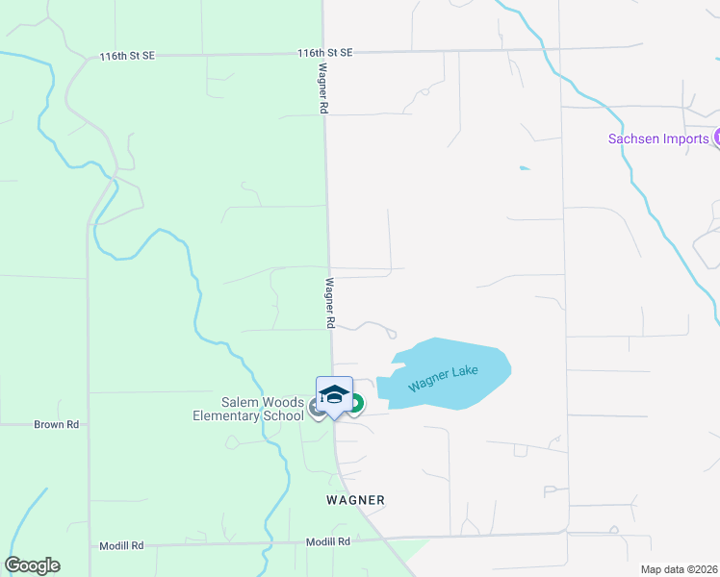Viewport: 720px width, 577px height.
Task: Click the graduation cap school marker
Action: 334,395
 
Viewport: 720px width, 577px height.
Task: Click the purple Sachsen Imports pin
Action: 717,138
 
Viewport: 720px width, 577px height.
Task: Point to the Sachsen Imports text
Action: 658,138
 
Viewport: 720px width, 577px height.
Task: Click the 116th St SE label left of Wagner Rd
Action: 127,57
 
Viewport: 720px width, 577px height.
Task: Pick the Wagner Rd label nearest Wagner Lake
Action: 329,303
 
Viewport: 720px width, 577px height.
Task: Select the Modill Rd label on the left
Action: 121,545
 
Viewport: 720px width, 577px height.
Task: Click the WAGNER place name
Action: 355,500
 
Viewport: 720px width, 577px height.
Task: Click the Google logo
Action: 33,565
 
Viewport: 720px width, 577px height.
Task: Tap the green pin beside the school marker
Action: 355,404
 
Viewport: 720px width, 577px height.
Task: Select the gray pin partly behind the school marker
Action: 316,408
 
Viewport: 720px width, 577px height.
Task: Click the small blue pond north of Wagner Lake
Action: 525,168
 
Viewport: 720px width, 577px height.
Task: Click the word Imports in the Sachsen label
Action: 684,138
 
